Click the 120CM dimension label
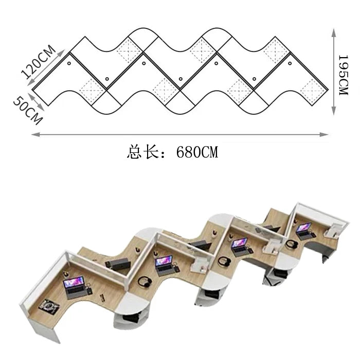(38, 62)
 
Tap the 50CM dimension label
(28, 111)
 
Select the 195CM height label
(344, 75)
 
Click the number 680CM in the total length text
(197, 152)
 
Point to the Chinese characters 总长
(142, 152)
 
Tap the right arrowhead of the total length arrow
(324, 135)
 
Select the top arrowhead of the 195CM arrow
(334, 32)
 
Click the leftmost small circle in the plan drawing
(69, 63)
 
